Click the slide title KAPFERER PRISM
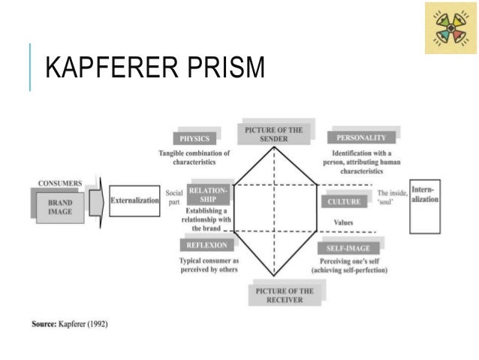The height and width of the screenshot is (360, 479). [x=155, y=69]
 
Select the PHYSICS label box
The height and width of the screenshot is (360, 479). [x=194, y=138]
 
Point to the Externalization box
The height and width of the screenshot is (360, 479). [x=135, y=201]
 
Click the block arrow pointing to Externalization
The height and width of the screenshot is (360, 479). [x=95, y=201]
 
